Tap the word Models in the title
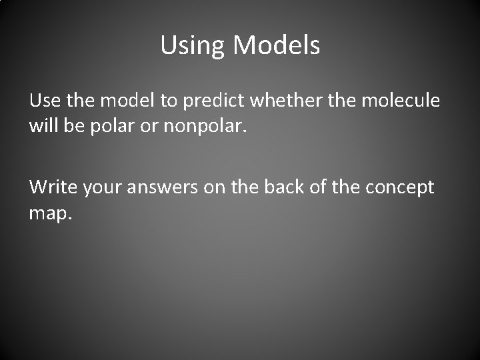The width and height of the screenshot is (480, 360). (276, 45)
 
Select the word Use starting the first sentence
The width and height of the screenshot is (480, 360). (45, 101)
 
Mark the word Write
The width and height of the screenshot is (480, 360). (53, 187)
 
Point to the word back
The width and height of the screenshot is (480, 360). (282, 187)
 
